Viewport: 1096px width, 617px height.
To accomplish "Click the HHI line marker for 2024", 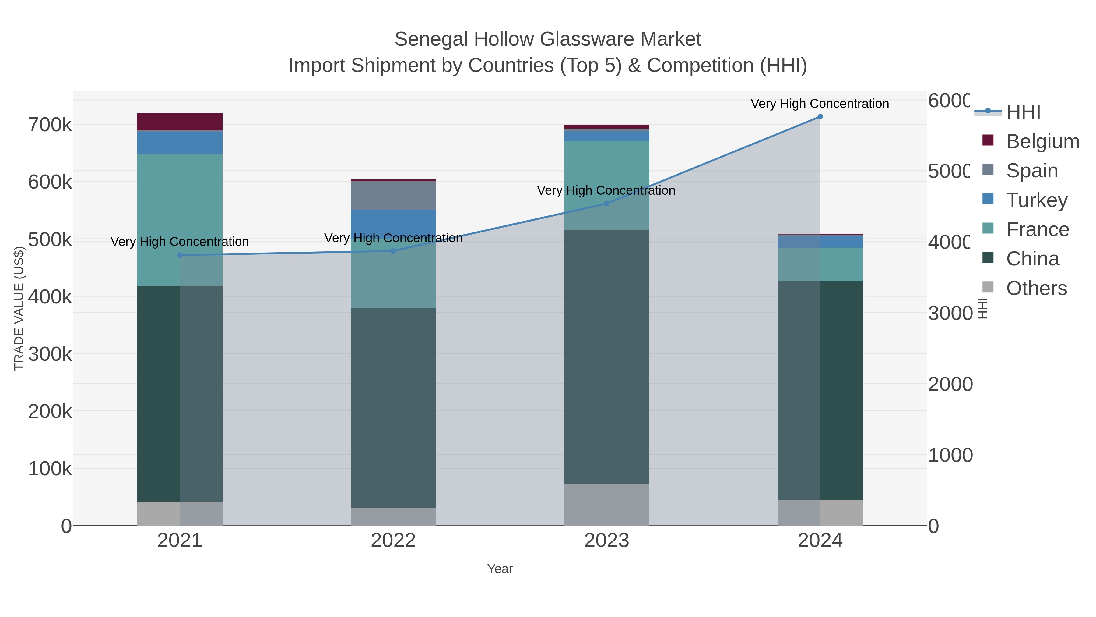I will [x=820, y=117].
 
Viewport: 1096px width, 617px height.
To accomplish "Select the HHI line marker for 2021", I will [x=180, y=255].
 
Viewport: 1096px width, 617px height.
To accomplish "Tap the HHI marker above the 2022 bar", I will [x=393, y=251].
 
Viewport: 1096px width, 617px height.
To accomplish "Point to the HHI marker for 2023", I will [x=607, y=204].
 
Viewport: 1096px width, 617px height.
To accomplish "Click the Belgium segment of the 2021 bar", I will [x=180, y=122].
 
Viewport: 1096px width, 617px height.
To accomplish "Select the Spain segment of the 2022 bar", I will [x=393, y=195].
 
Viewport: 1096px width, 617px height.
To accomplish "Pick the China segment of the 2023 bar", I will [x=607, y=357].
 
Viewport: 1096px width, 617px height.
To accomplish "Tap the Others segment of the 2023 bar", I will [x=607, y=505].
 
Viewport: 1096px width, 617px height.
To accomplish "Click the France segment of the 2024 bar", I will [x=820, y=264].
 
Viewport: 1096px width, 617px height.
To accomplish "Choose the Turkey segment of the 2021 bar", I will [x=180, y=143].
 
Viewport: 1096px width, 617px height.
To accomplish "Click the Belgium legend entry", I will [x=1042, y=141].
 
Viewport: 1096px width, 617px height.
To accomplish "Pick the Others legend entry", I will [x=1036, y=288].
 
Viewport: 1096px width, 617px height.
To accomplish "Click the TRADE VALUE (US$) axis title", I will [x=19, y=308].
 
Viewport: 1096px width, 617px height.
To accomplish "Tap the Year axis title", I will [x=500, y=569].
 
